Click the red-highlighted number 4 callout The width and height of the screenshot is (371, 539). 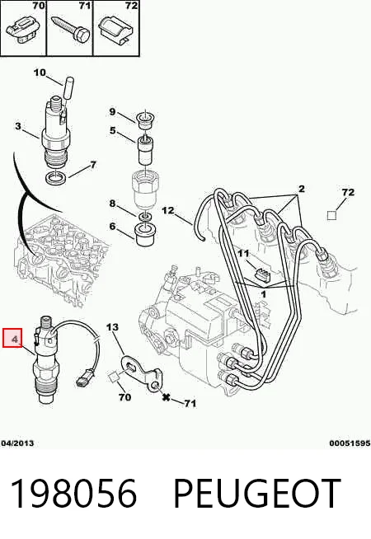tap(12, 338)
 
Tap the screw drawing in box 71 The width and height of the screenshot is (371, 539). tap(70, 30)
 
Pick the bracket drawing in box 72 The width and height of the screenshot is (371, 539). tap(116, 31)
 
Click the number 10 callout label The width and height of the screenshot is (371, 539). tap(40, 73)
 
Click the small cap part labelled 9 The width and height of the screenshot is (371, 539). tap(145, 119)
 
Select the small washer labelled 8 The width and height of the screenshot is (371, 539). tap(146, 217)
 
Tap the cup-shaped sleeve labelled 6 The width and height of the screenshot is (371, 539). tap(146, 234)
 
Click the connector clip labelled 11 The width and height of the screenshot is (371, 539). tap(261, 274)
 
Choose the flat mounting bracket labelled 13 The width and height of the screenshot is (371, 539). tap(140, 374)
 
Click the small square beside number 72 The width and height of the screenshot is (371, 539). tap(331, 216)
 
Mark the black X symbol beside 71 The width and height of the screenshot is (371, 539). tap(166, 397)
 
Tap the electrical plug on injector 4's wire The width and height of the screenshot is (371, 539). tap(82, 378)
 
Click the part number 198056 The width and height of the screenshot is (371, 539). tap(73, 494)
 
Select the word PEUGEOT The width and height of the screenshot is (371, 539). tap(257, 494)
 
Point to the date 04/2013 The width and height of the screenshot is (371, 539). tap(17, 443)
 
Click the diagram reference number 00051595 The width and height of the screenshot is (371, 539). tap(350, 443)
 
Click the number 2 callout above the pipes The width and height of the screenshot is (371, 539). tap(301, 189)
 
